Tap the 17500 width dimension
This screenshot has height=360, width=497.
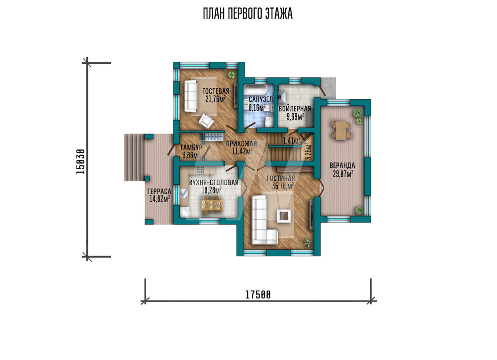[x=258, y=295]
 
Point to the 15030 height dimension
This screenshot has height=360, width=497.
[x=81, y=161]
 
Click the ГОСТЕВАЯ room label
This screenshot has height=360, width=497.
[x=216, y=91]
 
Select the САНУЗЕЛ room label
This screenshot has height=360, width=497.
[x=260, y=99]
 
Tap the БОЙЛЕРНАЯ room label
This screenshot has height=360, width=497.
[x=295, y=109]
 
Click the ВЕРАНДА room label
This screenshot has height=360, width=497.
[x=342, y=165]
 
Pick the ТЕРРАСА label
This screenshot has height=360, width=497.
[x=159, y=192]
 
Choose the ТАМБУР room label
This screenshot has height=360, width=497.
[x=191, y=147]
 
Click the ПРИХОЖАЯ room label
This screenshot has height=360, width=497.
[x=241, y=144]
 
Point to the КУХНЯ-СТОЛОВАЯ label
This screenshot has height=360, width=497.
[x=214, y=183]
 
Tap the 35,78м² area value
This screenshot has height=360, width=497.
[x=283, y=186]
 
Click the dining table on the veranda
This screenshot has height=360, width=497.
[x=341, y=130]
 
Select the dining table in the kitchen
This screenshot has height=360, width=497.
[x=212, y=204]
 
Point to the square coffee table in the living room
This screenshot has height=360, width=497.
[x=284, y=216]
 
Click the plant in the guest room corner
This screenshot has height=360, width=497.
[x=232, y=74]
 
